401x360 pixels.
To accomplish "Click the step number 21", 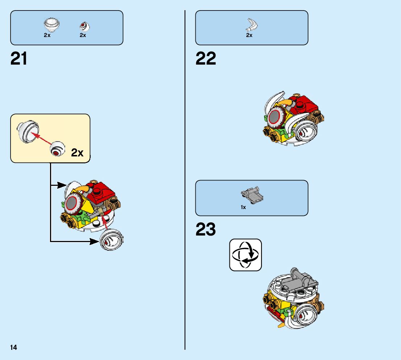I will pyautogui.click(x=19, y=58).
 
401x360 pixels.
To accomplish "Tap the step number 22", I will pyautogui.click(x=206, y=58).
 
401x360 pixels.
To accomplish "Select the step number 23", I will pyautogui.click(x=206, y=229).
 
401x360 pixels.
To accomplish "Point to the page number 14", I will pyautogui.click(x=14, y=348).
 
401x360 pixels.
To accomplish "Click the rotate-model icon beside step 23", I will pyautogui.click(x=245, y=255).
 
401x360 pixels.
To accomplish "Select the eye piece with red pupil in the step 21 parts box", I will pyautogui.click(x=84, y=26).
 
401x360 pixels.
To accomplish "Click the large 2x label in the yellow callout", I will pyautogui.click(x=77, y=153).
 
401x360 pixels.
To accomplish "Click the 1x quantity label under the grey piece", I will pyautogui.click(x=243, y=207).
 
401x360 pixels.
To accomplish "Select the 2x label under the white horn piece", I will pyautogui.click(x=249, y=35).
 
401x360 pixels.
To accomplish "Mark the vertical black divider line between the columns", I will pyautogui.click(x=185, y=181).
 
